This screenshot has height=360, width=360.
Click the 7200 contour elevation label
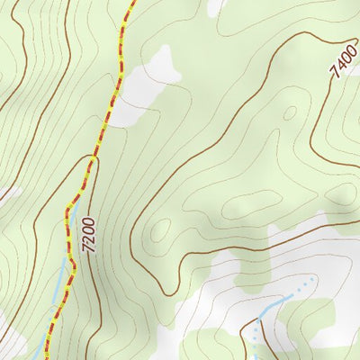tap(87, 235)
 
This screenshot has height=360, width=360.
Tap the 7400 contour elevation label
tap(342, 60)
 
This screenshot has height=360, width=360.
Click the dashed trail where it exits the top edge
tap(131, 3)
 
